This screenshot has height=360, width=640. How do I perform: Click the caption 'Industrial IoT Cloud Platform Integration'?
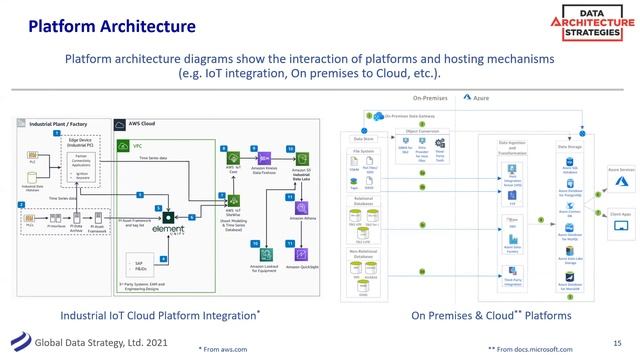tap(161, 315)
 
